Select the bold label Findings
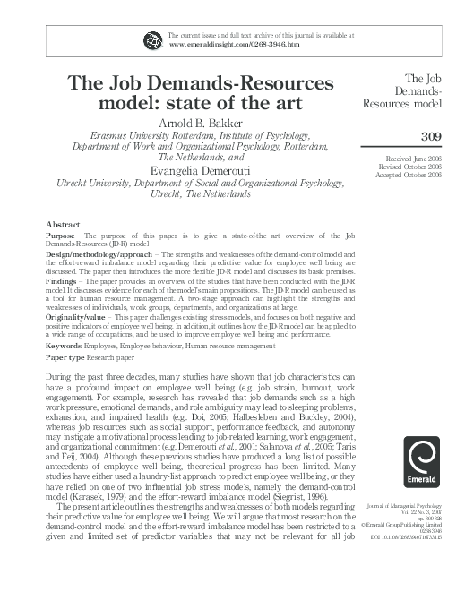click(64, 281)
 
